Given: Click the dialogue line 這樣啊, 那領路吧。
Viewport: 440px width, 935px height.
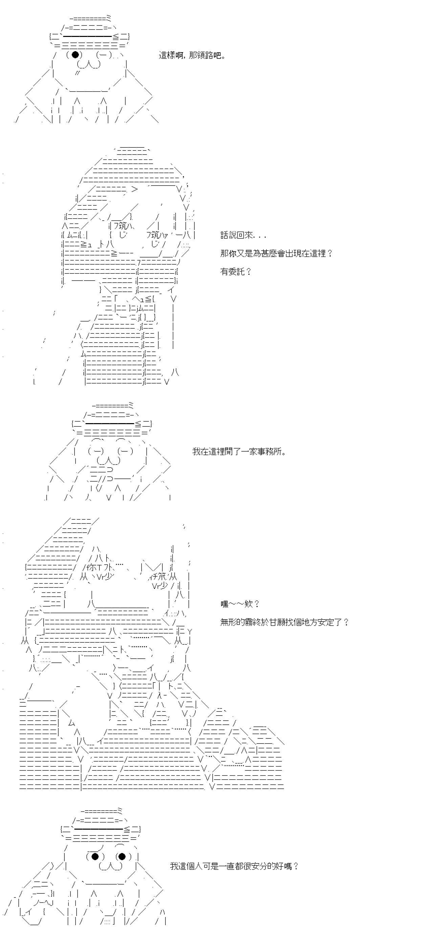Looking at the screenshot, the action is tap(192, 56).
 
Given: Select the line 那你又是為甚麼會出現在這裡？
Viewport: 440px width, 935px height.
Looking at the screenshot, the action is tap(276, 253).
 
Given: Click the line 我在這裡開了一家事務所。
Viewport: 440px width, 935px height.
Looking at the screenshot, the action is tap(239, 452).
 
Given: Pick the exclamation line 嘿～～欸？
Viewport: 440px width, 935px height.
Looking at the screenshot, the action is tap(240, 604).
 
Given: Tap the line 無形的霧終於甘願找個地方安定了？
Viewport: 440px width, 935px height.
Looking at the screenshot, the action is tap(284, 622).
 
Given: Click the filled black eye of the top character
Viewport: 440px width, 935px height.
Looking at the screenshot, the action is tap(75, 55).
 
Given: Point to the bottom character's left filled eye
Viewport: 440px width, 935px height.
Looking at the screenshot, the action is tap(95, 857).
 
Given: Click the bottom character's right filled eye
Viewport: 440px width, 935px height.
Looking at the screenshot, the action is tap(122, 857).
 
